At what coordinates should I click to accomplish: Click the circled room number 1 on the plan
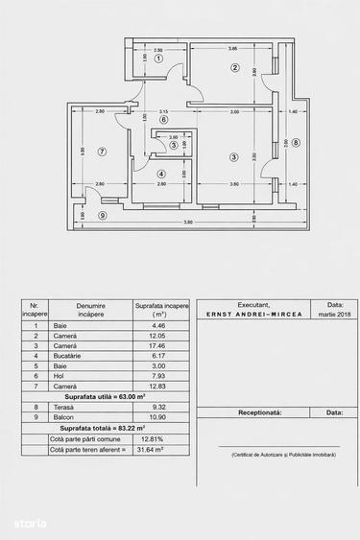tap(159, 59)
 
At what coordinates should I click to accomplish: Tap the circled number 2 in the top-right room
tap(233, 67)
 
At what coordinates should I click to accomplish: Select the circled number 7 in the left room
tap(101, 152)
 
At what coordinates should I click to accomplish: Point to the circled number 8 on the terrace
tap(297, 144)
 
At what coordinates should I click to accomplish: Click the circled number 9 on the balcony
tap(102, 215)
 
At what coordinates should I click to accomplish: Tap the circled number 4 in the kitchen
tap(162, 173)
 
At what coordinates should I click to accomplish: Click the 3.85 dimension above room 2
tap(232, 48)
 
